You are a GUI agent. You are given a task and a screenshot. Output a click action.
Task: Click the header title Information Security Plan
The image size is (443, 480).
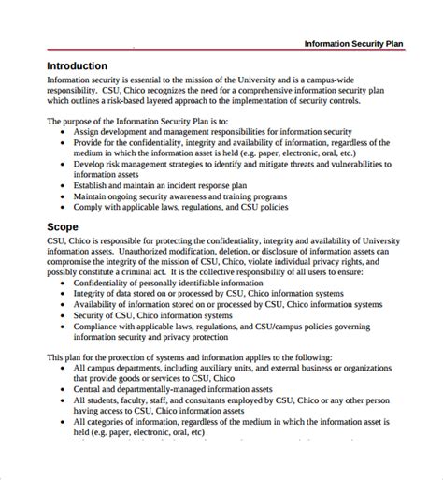pos(364,44)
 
